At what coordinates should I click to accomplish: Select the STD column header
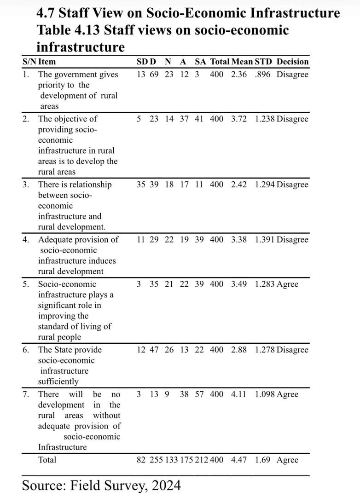pyautogui.click(x=263, y=61)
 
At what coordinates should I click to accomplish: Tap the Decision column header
pyautogui.click(x=292, y=61)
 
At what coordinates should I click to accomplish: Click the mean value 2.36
pyautogui.click(x=239, y=75)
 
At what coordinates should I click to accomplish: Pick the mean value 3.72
pyautogui.click(x=239, y=119)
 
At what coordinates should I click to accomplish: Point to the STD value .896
pyautogui.click(x=263, y=75)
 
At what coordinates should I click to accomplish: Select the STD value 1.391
pyautogui.click(x=265, y=240)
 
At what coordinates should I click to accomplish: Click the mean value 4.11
pyautogui.click(x=239, y=394)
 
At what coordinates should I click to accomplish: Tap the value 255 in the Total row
pyautogui.click(x=157, y=460)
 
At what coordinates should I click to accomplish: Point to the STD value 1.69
pyautogui.click(x=263, y=460)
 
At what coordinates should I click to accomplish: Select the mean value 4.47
pyautogui.click(x=239, y=460)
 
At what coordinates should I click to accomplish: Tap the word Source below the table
pyautogui.click(x=43, y=485)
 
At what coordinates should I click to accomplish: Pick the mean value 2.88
pyautogui.click(x=239, y=350)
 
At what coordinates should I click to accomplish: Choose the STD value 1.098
pyautogui.click(x=265, y=394)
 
